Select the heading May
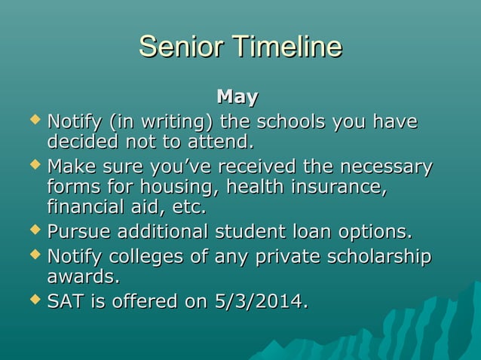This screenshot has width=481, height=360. coord(237,97)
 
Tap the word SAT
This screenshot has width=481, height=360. coord(65,302)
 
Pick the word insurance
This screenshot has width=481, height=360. coord(340,186)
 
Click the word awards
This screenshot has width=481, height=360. coord(83,277)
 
